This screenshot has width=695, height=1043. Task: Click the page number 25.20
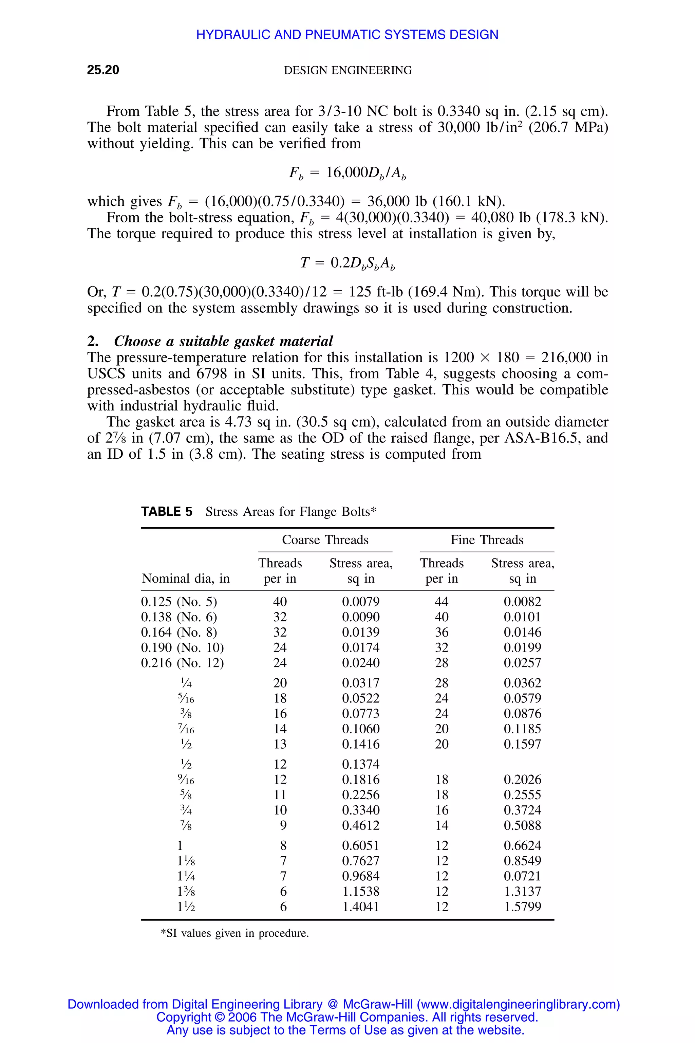[103, 70]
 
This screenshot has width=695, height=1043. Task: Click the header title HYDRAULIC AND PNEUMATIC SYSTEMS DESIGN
[347, 35]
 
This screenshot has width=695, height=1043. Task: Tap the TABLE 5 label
[167, 512]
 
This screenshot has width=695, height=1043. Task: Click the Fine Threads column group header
[487, 540]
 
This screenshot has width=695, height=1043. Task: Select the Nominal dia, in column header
[186, 578]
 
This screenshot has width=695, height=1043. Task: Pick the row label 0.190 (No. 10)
[182, 647]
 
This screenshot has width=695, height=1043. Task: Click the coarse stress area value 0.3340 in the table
[360, 810]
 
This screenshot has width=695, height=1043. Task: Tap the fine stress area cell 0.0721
[522, 876]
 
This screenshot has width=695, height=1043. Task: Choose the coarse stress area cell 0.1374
[360, 764]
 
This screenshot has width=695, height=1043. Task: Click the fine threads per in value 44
[442, 602]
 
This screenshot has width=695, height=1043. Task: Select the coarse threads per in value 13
[280, 744]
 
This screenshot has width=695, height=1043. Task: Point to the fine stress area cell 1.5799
[522, 907]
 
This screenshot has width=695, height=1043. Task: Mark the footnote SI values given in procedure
[234, 933]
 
